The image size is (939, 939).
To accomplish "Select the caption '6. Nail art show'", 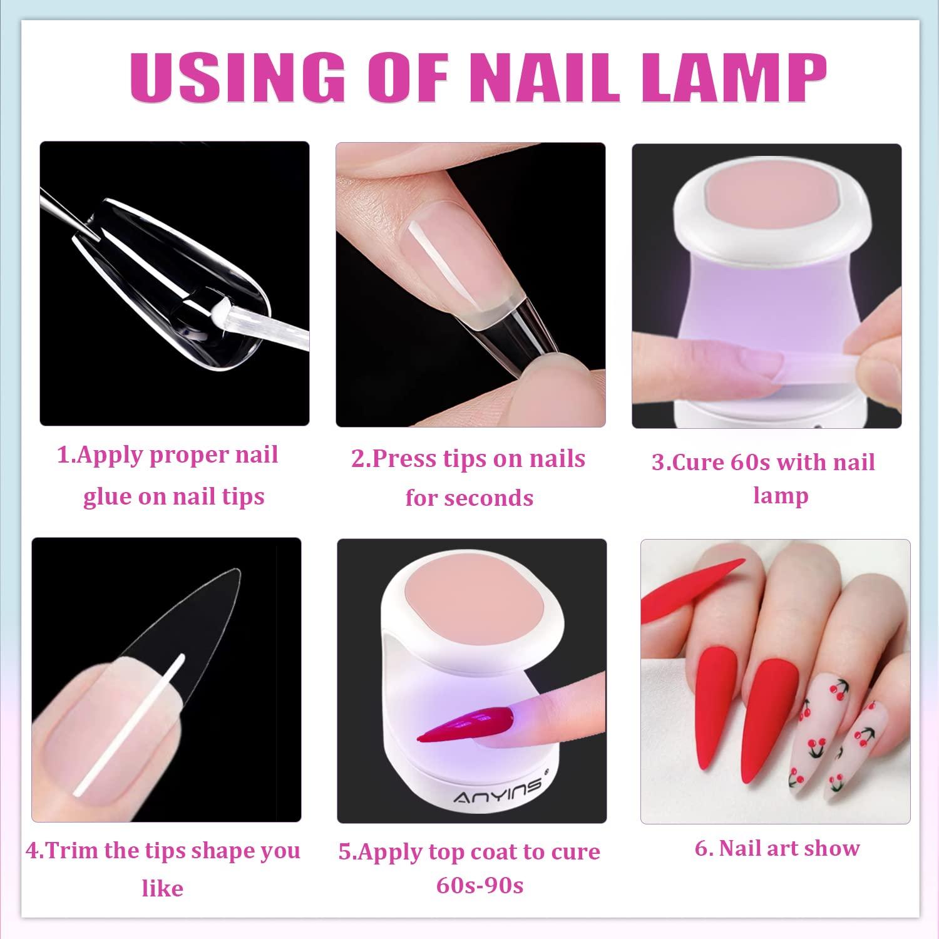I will pos(777,848).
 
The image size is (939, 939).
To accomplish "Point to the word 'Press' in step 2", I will pos(405,459).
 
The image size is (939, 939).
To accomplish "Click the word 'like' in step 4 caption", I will pos(162,888).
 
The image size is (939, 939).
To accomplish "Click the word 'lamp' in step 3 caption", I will pos(780,496).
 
